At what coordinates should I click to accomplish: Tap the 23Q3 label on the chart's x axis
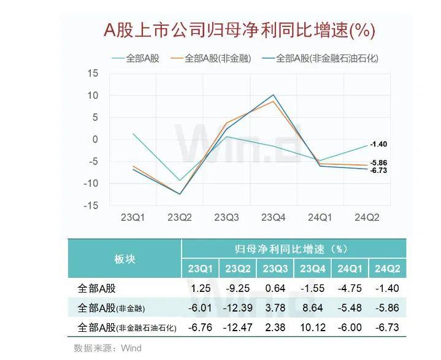[227, 218]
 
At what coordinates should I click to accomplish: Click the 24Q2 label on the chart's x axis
[368, 218]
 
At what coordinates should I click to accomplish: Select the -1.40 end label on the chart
[378, 144]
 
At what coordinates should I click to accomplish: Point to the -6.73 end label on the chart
[378, 170]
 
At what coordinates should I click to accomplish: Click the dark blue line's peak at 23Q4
[274, 95]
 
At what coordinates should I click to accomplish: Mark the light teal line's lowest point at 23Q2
[180, 180]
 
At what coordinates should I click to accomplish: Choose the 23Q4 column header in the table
[312, 269]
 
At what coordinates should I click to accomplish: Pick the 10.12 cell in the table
[312, 327]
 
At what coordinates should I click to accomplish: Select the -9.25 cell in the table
[238, 288]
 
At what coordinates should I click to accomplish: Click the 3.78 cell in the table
[275, 308]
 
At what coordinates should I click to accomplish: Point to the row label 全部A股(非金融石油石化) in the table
[128, 327]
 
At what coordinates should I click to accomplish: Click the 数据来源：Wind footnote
[107, 348]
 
